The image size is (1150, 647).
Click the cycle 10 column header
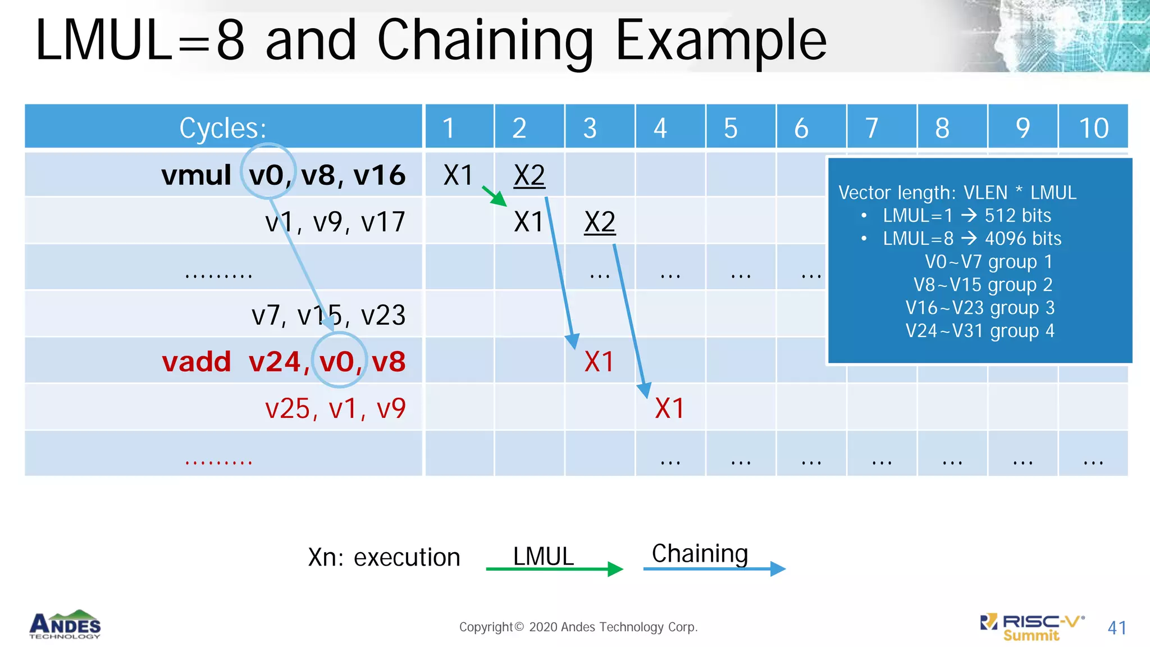[1093, 128]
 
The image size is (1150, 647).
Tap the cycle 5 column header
[730, 128]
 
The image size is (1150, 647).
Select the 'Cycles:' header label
[223, 128]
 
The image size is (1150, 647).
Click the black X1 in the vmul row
[458, 175]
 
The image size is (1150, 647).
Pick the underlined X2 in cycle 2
[529, 175]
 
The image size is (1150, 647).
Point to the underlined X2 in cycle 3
[600, 222]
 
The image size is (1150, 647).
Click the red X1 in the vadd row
[599, 362]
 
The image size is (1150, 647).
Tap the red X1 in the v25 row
[669, 408]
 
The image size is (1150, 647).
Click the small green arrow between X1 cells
[495, 196]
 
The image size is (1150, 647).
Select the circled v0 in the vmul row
[267, 175]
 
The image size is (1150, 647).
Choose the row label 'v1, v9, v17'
[335, 222]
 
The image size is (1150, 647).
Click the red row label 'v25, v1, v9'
[335, 408]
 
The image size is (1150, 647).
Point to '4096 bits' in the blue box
[1023, 239]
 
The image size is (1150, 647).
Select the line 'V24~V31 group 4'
[980, 331]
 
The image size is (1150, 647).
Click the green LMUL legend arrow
[554, 569]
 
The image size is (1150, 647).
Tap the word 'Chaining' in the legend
[700, 554]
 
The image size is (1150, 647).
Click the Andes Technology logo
[65, 625]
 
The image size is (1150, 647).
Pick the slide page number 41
[1117, 627]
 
